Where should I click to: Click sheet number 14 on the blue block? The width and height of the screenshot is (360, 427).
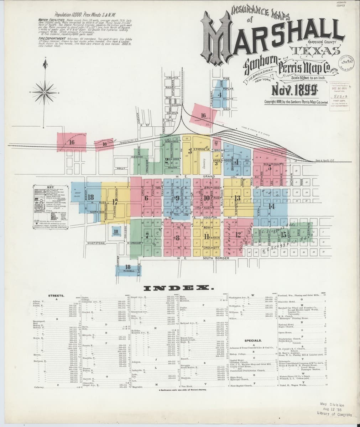[272, 206]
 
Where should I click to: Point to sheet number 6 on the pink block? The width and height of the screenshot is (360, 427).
[146, 197]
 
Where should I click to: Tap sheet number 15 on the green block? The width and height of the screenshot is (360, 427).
[283, 235]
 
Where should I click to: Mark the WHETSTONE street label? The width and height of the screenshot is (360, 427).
[96, 243]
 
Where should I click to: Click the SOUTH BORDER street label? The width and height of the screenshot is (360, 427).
[216, 258]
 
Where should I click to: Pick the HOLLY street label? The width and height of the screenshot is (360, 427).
[122, 168]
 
